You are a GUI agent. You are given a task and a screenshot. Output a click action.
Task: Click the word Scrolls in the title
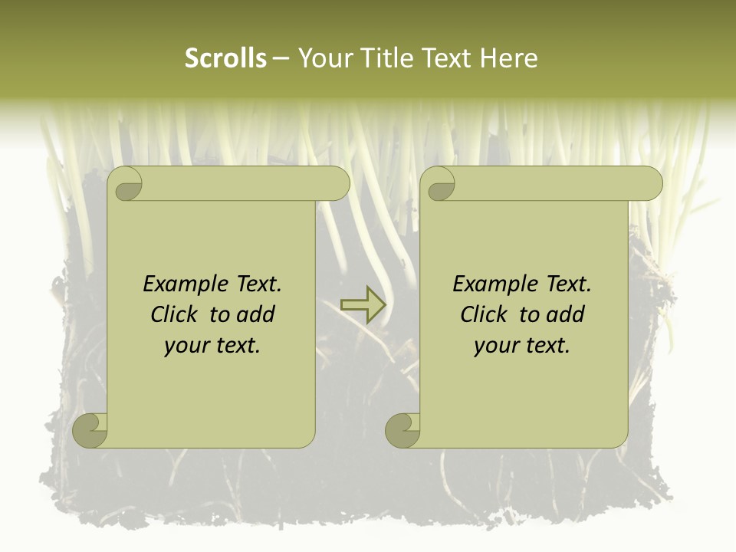pyautogui.click(x=225, y=58)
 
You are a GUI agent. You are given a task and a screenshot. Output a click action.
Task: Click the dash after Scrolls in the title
pyautogui.click(x=281, y=58)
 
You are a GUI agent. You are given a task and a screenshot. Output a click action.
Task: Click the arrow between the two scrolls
pyautogui.click(x=363, y=304)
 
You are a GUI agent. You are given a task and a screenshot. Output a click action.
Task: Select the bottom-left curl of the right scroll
pyautogui.click(x=403, y=430)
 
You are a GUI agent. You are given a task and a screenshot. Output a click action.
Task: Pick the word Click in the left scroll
pyautogui.click(x=176, y=314)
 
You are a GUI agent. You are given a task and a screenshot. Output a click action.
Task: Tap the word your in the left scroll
pyautogui.click(x=186, y=345)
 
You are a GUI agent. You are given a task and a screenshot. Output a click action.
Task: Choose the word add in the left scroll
pyautogui.click(x=257, y=314)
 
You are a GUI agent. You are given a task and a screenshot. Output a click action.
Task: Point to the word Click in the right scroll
pyautogui.click(x=485, y=314)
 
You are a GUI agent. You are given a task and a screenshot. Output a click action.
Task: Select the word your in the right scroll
pyautogui.click(x=496, y=345)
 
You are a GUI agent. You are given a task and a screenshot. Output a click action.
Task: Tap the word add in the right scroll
pyautogui.click(x=567, y=314)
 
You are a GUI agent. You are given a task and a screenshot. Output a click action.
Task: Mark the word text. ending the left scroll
pyautogui.click(x=237, y=345)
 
